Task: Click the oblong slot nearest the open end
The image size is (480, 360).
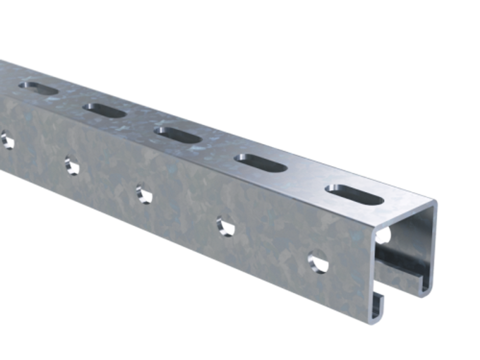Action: [355, 194]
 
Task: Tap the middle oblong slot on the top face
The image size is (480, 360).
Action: [178, 135]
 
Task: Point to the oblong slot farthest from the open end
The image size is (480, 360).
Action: [38, 89]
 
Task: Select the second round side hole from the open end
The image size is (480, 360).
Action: [225, 226]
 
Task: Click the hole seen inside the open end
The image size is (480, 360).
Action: [384, 235]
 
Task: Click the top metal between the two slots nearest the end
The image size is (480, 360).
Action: [307, 179]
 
